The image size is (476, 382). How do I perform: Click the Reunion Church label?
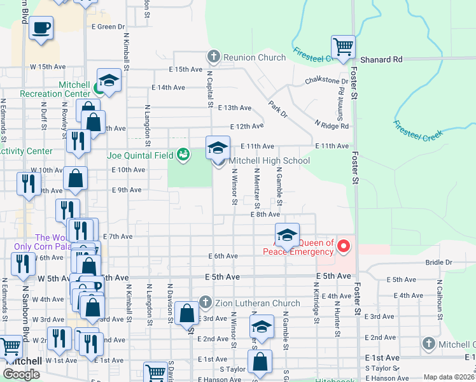point(254,57)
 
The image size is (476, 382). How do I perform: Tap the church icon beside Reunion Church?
point(213,57)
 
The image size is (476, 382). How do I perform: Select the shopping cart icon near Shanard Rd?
point(343,46)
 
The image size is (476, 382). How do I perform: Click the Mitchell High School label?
point(269,160)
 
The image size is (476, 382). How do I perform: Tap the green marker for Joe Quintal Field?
point(183,154)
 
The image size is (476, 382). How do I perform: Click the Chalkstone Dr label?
point(326,81)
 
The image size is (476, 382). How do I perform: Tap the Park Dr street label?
point(277,109)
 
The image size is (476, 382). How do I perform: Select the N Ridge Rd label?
point(332,125)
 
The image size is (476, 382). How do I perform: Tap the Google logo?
point(22,374)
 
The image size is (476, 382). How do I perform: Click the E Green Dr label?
point(108,27)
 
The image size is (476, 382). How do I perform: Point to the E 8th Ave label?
point(265,215)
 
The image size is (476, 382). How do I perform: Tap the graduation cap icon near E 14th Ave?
point(109,80)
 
